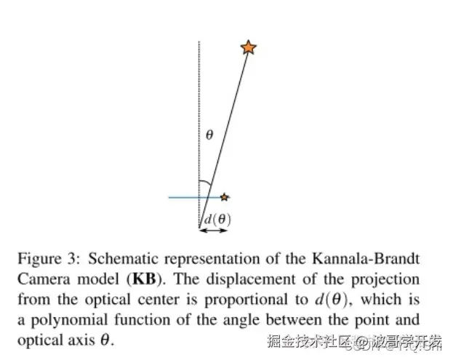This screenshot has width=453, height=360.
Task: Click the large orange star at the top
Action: point(248,48)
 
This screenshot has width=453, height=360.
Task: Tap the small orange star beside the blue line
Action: point(225,196)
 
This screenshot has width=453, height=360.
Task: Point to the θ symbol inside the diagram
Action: point(209,135)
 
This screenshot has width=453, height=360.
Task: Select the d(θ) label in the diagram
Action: point(216,219)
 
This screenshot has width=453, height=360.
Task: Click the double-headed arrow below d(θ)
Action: point(214,231)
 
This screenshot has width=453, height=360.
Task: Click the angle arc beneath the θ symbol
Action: point(207,183)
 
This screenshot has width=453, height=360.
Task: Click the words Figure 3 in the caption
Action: point(43,259)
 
